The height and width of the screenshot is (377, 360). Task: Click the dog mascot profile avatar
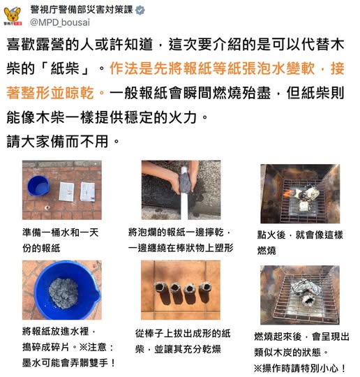click(x=13, y=16)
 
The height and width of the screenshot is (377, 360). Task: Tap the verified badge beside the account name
click(x=140, y=10)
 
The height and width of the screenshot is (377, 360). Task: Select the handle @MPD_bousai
click(x=60, y=22)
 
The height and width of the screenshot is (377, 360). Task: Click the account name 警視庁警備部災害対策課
click(x=82, y=10)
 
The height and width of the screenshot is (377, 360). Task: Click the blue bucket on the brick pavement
click(x=38, y=186)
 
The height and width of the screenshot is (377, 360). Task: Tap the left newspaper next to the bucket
click(x=66, y=191)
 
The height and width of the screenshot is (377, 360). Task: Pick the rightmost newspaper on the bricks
click(x=88, y=191)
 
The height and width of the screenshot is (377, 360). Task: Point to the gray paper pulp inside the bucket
click(x=63, y=293)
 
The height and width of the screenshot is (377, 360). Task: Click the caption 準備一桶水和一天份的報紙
click(x=60, y=240)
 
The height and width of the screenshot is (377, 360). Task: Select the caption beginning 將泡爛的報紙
click(x=181, y=240)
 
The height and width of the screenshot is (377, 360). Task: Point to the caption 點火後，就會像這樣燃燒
click(x=300, y=242)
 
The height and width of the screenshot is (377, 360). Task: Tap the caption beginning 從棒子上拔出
click(x=183, y=341)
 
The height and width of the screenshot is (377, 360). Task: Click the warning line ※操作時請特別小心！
click(x=300, y=368)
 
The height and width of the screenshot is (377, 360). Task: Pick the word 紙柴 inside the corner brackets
click(x=65, y=68)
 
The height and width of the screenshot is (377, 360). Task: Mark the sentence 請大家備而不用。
click(x=63, y=141)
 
